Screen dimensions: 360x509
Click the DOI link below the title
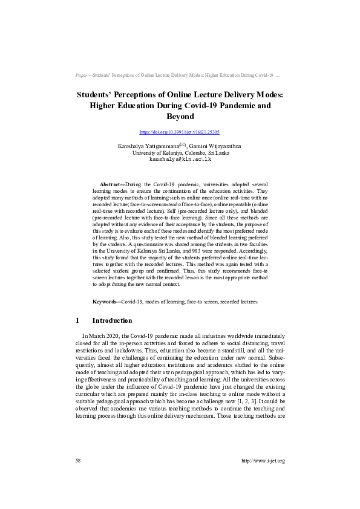180,131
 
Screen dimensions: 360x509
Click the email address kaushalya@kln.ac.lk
180,159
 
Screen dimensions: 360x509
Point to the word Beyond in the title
180,116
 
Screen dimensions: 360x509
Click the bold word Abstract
111,184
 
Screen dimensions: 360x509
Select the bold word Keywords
106,301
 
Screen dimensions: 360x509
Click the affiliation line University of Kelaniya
180,153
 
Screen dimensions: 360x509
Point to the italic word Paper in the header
82,76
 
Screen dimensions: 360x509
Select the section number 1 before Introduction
77,320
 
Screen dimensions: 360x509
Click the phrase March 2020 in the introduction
103,337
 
